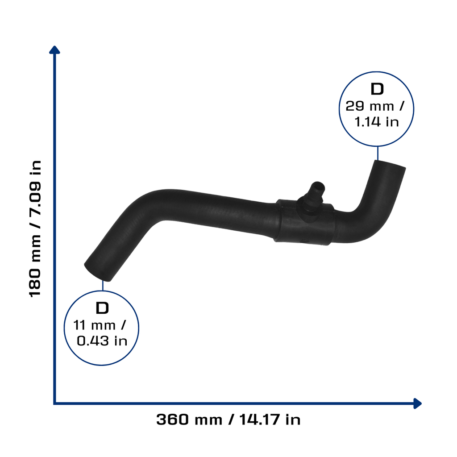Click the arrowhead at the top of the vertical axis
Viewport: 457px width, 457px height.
pos(54,50)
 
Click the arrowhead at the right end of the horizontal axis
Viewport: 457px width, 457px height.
pos(417,403)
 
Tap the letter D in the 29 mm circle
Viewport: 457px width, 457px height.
pos(377,89)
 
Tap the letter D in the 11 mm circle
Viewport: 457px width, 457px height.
pos(102,308)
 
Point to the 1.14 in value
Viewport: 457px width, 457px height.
pos(377,121)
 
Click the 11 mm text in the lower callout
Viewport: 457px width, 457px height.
pos(94,325)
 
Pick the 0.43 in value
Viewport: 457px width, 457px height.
pos(102,341)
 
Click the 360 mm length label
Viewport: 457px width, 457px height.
pos(189,420)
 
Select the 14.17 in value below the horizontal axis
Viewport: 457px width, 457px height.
pos(270,420)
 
